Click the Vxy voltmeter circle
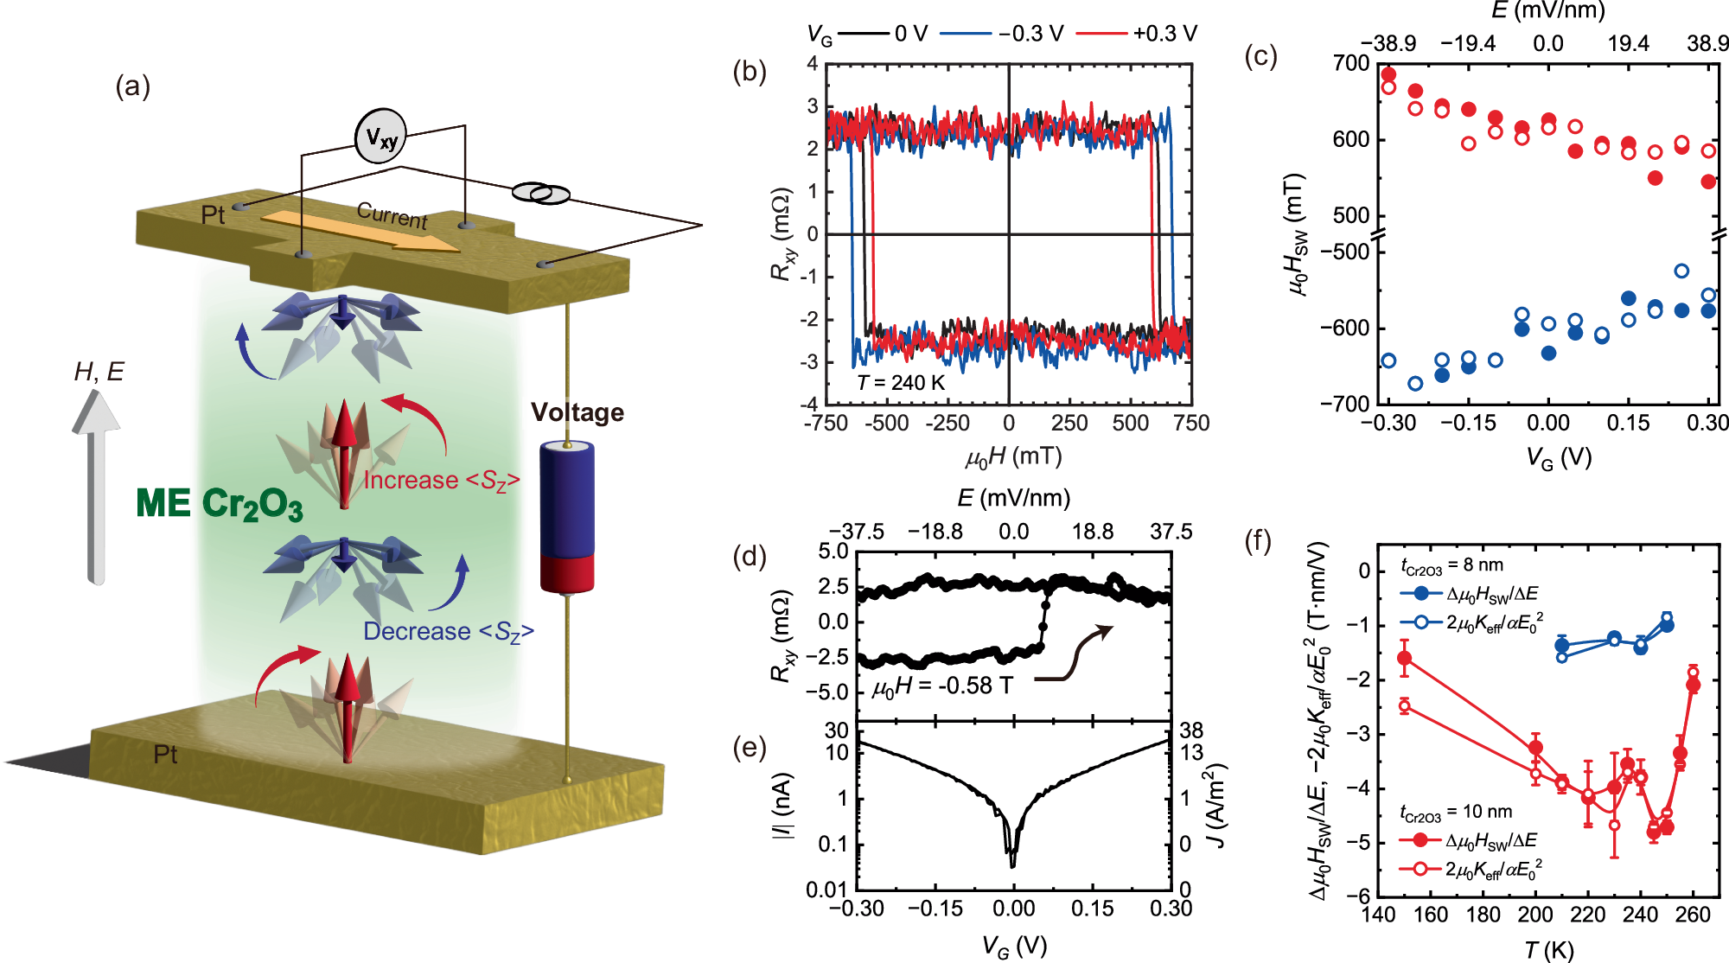[x=380, y=137]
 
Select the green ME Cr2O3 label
[x=220, y=504]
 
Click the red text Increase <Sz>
[x=441, y=481]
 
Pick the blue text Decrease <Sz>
[x=448, y=632]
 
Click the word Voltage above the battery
[x=577, y=412]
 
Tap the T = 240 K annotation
[x=901, y=383]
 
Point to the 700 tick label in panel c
[x=1351, y=63]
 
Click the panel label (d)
[x=749, y=556]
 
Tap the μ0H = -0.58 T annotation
[x=942, y=686]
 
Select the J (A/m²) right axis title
[x=1215, y=806]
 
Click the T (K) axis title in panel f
[x=1548, y=950]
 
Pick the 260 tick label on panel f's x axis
[x=1693, y=915]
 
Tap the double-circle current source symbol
[x=540, y=193]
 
